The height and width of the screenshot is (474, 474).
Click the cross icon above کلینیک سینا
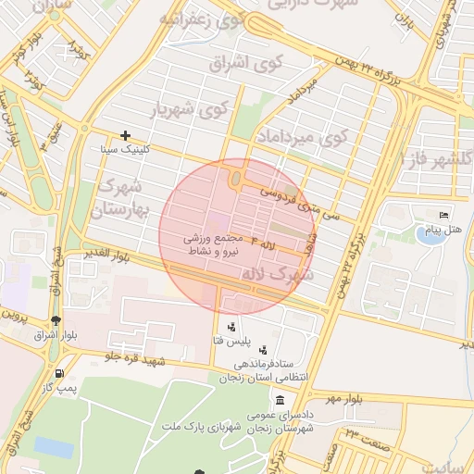point(125,135)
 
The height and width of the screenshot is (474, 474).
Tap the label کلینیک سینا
point(125,148)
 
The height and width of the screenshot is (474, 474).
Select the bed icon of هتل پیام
point(445,215)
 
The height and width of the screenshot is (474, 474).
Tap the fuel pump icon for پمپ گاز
point(60,373)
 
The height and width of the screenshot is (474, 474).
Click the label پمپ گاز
point(60,387)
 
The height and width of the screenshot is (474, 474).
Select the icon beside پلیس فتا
point(231,327)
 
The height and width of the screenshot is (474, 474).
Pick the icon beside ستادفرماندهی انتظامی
point(266,351)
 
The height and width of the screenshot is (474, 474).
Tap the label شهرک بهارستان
point(120,197)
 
